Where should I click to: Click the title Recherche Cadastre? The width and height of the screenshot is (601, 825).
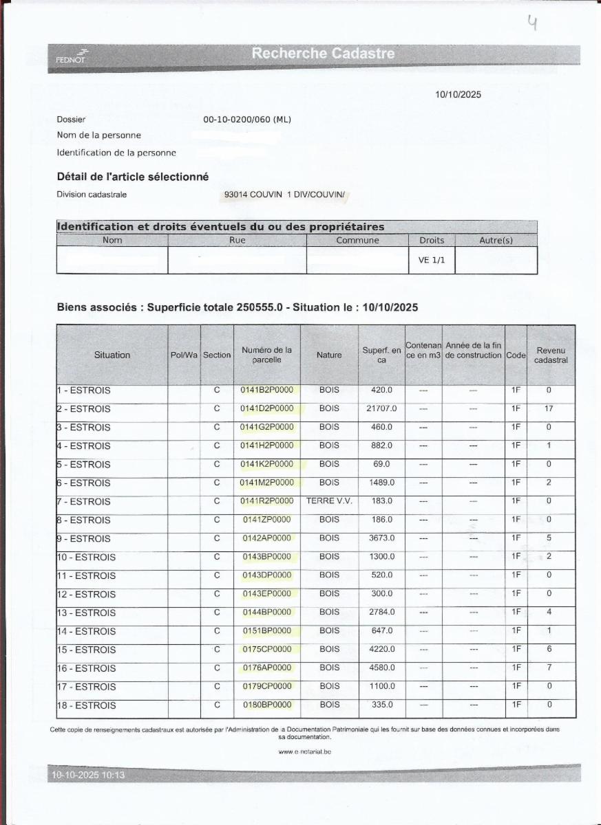click(x=323, y=53)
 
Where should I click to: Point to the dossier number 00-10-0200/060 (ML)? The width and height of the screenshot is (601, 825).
click(x=247, y=120)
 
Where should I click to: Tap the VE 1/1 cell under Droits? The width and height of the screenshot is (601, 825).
click(x=432, y=261)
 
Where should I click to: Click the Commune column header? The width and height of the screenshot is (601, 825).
click(x=357, y=241)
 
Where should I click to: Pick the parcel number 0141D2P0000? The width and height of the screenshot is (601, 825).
click(x=266, y=408)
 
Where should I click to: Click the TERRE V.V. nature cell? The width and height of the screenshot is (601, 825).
click(x=329, y=501)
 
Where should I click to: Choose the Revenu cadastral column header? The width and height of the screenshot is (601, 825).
click(x=551, y=355)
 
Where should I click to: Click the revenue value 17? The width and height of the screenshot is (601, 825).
click(x=549, y=408)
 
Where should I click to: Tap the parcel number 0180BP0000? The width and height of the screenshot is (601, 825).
click(x=267, y=705)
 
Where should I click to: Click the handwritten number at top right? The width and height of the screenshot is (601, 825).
click(x=532, y=25)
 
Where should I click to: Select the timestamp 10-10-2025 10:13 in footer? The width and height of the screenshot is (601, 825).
click(x=87, y=775)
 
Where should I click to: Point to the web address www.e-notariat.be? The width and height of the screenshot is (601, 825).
click(x=305, y=752)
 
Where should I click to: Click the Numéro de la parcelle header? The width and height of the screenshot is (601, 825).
click(x=266, y=355)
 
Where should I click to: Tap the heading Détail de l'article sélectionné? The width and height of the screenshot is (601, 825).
click(x=132, y=177)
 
